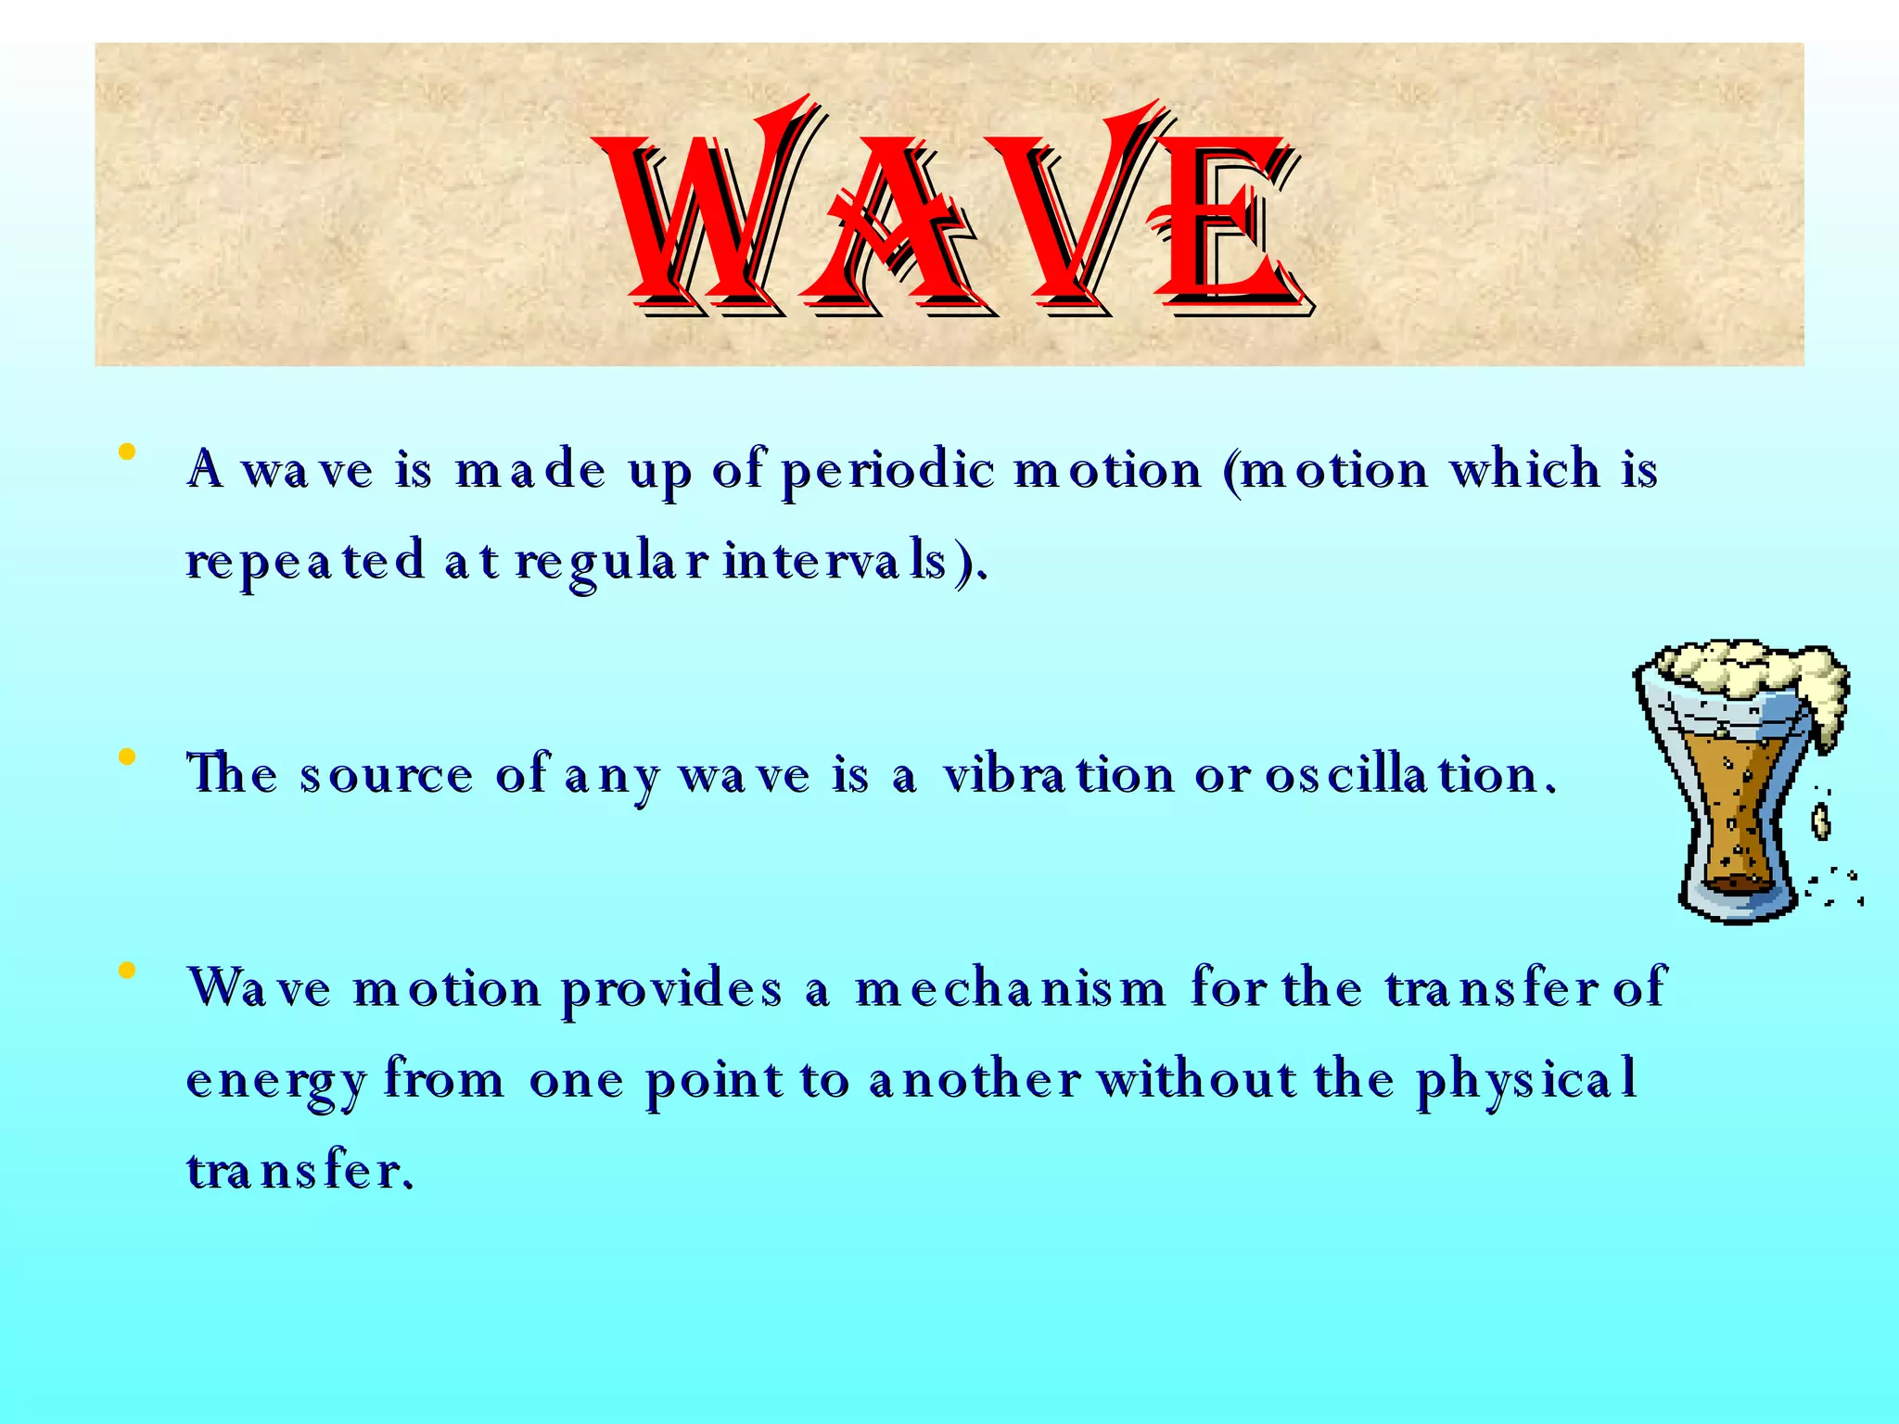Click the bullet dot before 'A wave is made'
coord(127,453)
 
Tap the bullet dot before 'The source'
coord(127,758)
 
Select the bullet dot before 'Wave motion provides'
coord(127,971)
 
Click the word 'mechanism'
coord(1010,988)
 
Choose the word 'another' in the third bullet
coord(975,1081)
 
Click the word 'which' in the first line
coord(1525,469)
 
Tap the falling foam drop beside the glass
coord(1821,820)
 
